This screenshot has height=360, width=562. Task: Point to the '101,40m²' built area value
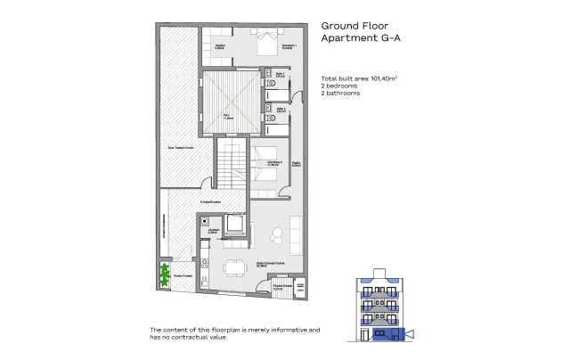(x=380, y=79)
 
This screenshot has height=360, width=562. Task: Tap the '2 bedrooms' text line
(x=339, y=86)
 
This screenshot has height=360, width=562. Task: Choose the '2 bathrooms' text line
(x=341, y=93)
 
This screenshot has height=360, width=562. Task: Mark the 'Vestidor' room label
(x=219, y=46)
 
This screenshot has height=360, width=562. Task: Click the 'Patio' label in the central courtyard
(x=226, y=115)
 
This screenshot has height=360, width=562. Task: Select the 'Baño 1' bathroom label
(x=278, y=77)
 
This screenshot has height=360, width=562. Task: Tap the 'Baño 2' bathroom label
(x=278, y=110)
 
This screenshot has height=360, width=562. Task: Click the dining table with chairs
(x=234, y=266)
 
